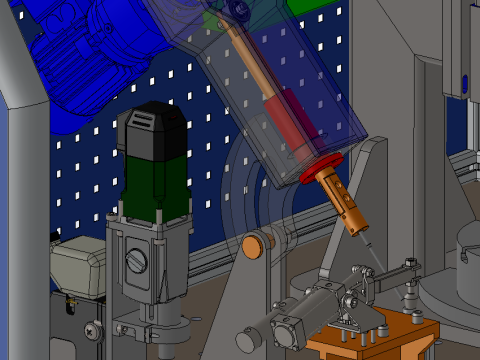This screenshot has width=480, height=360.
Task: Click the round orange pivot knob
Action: [252, 244]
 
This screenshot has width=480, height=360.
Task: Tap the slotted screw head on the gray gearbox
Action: [137, 262]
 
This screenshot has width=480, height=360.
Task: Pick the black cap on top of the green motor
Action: [152, 125]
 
